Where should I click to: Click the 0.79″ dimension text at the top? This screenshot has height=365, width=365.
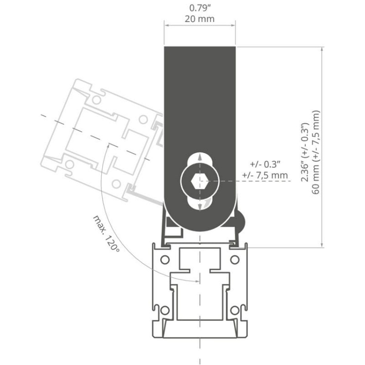(x=200, y=8)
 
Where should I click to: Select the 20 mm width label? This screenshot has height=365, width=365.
(x=200, y=19)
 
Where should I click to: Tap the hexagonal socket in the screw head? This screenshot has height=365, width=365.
(x=196, y=182)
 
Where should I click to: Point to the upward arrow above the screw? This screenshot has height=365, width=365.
(x=200, y=159)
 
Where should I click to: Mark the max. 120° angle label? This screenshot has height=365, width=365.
(x=105, y=234)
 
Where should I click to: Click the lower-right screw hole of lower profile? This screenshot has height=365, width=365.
(x=235, y=310)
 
